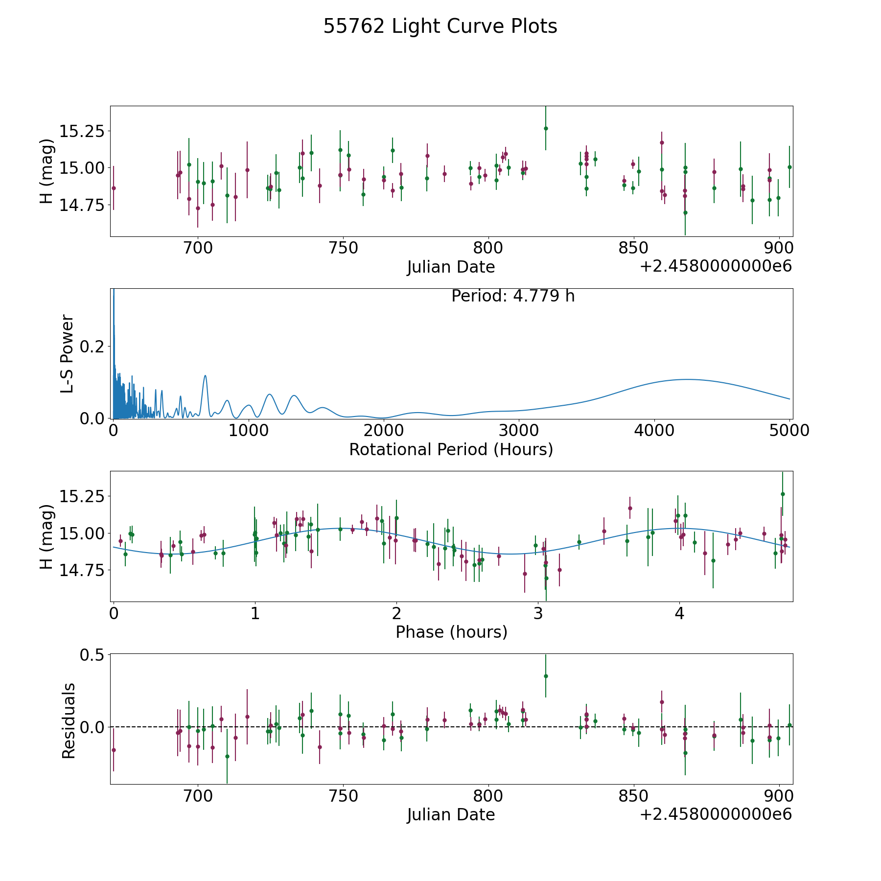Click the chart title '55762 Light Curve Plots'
pos(440,26)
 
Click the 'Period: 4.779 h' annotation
pos(512,296)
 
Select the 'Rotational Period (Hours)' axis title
pos(451,449)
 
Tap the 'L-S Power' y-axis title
pos(68,353)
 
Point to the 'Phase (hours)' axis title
pos(451,632)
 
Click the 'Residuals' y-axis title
pos(69,720)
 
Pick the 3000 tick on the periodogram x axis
pos(518,430)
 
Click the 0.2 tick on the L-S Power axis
pos(92,347)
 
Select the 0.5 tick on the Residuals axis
pos(92,655)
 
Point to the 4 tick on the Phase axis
pos(679,613)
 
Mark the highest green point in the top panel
pos(546,128)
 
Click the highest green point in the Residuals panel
pos(546,676)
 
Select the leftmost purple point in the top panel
pos(114,188)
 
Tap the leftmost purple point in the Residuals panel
pos(114,750)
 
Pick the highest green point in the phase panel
pos(783,494)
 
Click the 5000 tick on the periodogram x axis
pos(789,430)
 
